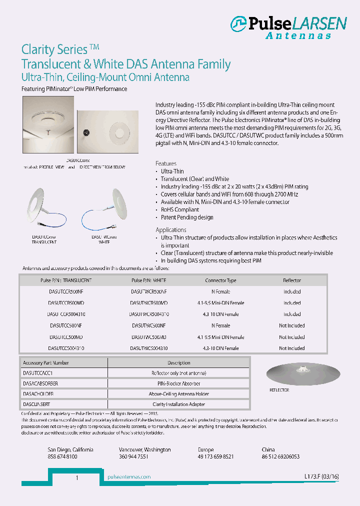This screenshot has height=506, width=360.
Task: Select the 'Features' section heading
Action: [x=165, y=163]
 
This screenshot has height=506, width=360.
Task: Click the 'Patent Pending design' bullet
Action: [x=186, y=217]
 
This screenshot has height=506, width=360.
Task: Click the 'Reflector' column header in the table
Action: [x=292, y=280]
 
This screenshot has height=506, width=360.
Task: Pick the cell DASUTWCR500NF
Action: [x=149, y=291]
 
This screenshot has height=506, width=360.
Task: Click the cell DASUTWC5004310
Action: [x=149, y=348]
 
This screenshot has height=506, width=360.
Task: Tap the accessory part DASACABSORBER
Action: [x=40, y=383]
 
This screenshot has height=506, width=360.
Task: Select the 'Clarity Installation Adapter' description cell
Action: [x=178, y=404]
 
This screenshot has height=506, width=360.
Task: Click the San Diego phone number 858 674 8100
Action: [x=62, y=457]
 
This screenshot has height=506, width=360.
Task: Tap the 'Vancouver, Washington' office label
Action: [x=144, y=450]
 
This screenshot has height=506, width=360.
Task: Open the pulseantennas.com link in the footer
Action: [x=129, y=477]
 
